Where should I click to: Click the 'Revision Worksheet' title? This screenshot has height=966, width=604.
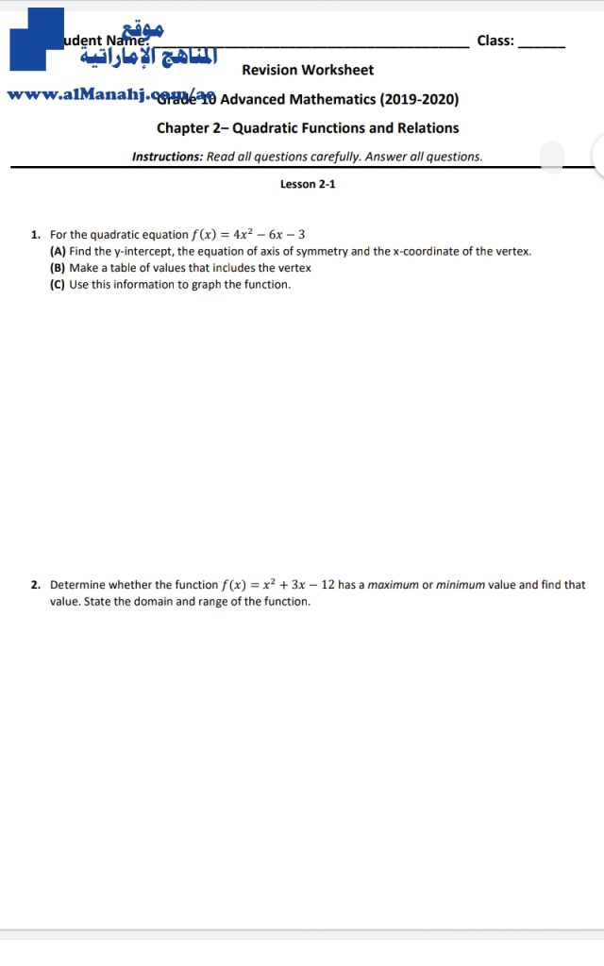coord(308,70)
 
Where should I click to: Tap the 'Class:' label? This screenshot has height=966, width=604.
coord(495,41)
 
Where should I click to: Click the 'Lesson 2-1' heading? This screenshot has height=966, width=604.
coord(308,184)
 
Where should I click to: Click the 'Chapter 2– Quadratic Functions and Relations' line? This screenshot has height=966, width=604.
coord(308,128)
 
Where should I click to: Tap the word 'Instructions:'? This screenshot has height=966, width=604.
coord(167,157)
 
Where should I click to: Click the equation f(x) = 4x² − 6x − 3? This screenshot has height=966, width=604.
coord(248,234)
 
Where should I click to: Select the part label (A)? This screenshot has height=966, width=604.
coord(58,251)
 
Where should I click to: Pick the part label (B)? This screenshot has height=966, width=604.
coord(58,268)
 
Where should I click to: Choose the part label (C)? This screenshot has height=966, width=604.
coord(58,284)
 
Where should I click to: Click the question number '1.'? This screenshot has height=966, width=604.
coord(35,234)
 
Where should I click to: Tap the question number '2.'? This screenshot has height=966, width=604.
coord(35,585)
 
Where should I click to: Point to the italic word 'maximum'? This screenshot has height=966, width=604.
coord(393,585)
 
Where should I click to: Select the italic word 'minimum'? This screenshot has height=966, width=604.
coord(461,585)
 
